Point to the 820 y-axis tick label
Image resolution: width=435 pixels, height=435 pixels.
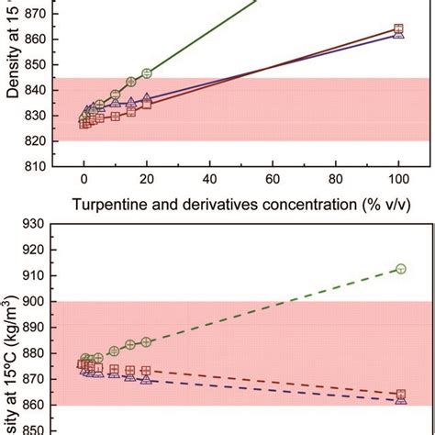38,139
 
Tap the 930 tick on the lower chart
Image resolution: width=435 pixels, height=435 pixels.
38,225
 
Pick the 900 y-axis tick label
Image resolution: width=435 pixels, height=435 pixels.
38,301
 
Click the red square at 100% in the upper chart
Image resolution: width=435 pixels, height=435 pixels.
398,28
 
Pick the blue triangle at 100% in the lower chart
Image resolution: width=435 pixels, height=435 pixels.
399,400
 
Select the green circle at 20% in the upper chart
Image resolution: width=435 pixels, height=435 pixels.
147,72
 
